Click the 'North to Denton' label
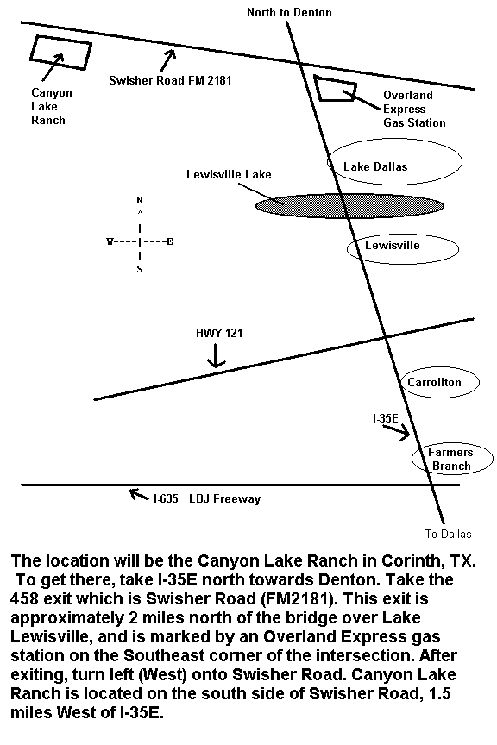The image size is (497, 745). click(x=289, y=12)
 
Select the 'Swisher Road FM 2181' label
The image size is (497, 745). click(x=170, y=80)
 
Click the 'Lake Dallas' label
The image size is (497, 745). click(x=375, y=166)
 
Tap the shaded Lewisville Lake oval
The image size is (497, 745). click(x=349, y=206)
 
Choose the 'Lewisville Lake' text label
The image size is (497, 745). click(x=229, y=174)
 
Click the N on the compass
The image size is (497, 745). click(x=140, y=200)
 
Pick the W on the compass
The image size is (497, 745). click(x=110, y=241)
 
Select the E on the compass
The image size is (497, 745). click(x=169, y=241)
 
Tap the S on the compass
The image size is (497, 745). click(x=140, y=269)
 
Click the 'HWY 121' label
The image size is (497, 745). click(x=219, y=333)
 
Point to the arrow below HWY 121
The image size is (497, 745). click(x=216, y=355)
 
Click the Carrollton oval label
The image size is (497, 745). click(x=434, y=382)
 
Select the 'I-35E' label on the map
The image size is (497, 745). click(x=385, y=418)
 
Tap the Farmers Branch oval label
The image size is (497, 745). click(x=450, y=459)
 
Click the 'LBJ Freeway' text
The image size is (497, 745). click(x=225, y=499)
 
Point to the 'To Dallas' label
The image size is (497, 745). click(x=448, y=534)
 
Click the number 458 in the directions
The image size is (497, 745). click(x=25, y=598)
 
